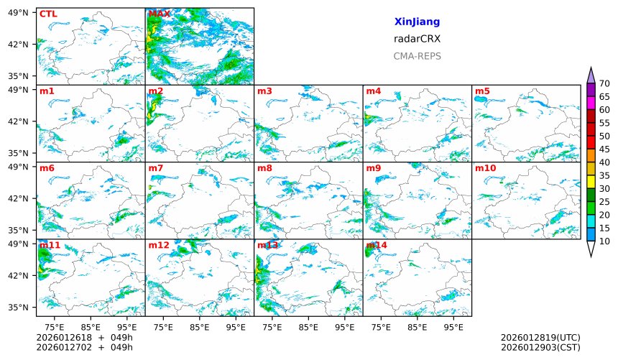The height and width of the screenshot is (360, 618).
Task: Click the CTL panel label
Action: click(x=48, y=14)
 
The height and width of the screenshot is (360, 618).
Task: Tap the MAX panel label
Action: click(x=159, y=14)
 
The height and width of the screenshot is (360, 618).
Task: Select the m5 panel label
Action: click(x=482, y=91)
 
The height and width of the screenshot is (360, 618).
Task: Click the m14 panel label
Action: click(x=377, y=245)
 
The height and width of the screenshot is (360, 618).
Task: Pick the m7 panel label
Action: click(x=156, y=168)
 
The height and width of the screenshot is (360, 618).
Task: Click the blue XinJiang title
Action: click(x=417, y=22)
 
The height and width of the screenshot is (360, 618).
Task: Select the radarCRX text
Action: click(x=417, y=39)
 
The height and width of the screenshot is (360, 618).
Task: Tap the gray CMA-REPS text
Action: click(x=417, y=56)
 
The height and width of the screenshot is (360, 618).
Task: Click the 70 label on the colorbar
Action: click(x=604, y=84)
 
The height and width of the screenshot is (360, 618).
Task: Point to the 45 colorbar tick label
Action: click(x=604, y=149)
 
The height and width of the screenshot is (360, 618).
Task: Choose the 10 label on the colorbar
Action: click(x=604, y=241)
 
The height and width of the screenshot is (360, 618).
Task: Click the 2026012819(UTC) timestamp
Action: click(x=540, y=338)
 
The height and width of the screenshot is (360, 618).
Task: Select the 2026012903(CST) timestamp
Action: click(x=540, y=348)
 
